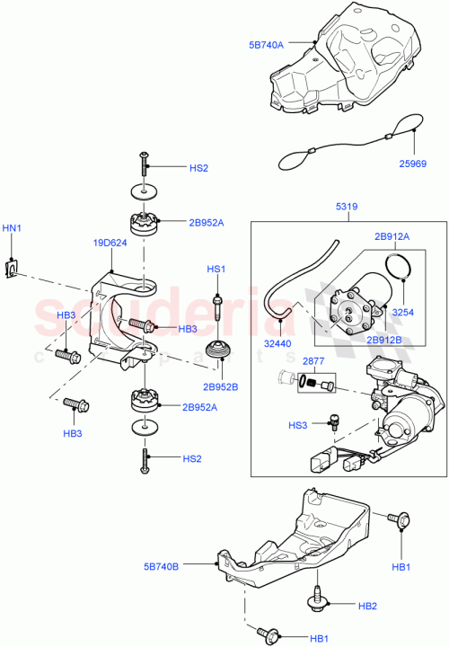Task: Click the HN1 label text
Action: click(x=12, y=229)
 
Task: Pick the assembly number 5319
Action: click(x=348, y=207)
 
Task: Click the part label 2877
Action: click(x=314, y=360)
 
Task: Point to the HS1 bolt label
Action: click(x=216, y=270)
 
